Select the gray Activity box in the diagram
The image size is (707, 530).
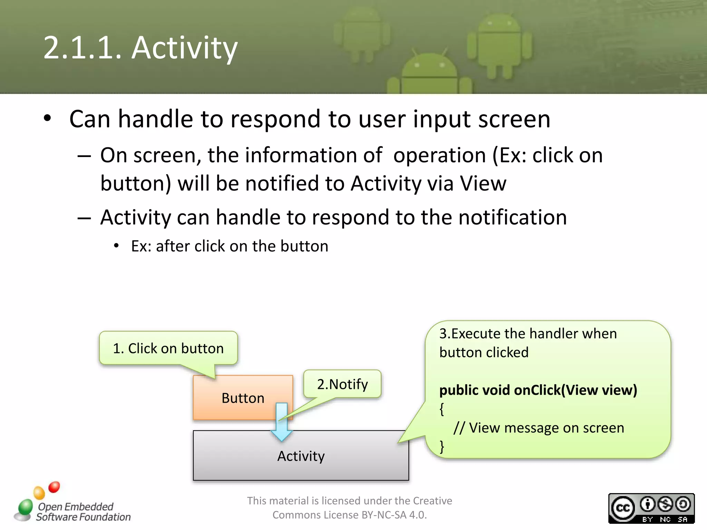[x=301, y=456]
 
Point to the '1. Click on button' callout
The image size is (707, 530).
[x=168, y=348]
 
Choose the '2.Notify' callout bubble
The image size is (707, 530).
[x=342, y=384]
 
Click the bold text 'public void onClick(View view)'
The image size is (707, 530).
[x=538, y=390]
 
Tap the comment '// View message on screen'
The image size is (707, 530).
[x=539, y=428]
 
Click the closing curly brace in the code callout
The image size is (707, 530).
[x=442, y=446]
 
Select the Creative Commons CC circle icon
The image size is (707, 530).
[x=623, y=508]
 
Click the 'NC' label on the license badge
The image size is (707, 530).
[x=665, y=519]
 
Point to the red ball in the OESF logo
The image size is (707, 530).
[x=54, y=487]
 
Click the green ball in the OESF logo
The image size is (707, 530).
[x=26, y=507]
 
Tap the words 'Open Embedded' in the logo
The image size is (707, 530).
[x=76, y=507]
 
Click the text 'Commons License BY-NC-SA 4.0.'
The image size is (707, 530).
[x=349, y=515]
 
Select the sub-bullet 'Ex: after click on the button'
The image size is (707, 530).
[x=230, y=246]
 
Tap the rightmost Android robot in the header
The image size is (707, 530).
[x=499, y=45]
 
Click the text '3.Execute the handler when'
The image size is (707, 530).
[x=528, y=334]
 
